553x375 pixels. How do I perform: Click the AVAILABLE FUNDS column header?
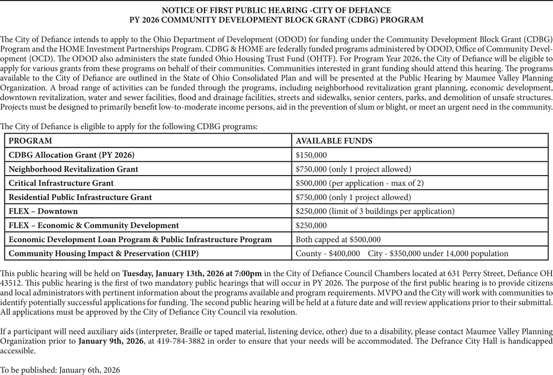(334, 141)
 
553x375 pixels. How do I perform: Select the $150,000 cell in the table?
(311, 155)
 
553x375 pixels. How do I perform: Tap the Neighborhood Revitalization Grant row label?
(74, 169)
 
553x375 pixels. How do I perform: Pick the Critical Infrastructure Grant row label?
(61, 183)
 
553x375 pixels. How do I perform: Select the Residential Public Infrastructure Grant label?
(80, 197)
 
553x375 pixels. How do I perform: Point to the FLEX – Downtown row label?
(43, 211)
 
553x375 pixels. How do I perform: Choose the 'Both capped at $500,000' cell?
(338, 239)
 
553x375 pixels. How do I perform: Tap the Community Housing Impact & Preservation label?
(103, 254)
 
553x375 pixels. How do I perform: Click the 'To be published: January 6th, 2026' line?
(60, 368)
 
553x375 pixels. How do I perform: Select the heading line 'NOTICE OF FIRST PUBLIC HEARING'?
(276, 11)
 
